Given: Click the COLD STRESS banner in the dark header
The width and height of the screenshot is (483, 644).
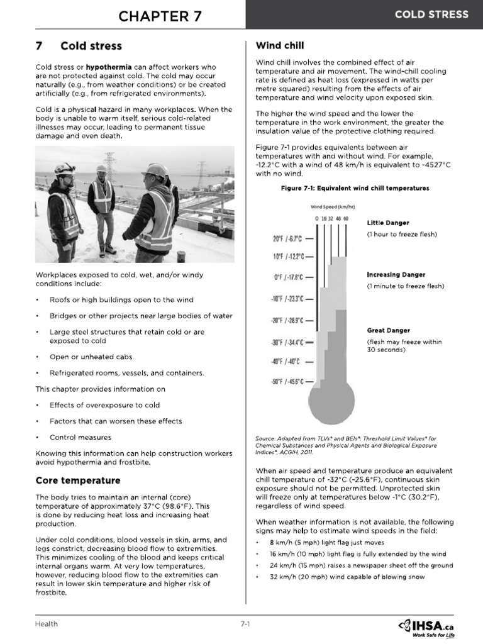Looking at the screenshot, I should click(431, 15).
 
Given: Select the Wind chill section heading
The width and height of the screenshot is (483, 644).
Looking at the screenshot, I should click(280, 45).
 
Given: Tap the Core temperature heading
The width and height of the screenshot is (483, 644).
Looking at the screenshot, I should click(78, 480).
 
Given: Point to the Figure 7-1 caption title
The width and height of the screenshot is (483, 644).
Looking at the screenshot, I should click(347, 188).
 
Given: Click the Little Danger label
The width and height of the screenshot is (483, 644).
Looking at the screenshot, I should click(388, 223).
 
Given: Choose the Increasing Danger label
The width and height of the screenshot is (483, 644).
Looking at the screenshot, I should click(396, 275).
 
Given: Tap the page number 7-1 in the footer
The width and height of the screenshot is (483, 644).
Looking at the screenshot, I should click(245, 624).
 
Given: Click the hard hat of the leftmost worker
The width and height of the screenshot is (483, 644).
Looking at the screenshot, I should click(64, 169).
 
